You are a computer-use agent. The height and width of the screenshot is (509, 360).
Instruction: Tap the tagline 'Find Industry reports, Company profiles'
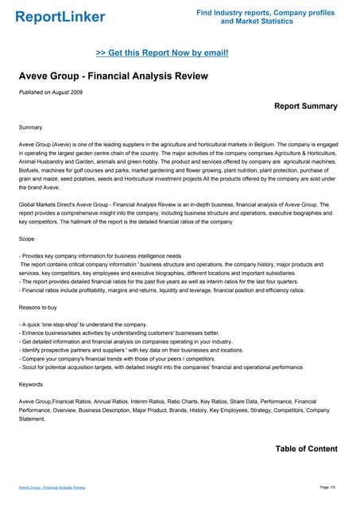pos(265,13)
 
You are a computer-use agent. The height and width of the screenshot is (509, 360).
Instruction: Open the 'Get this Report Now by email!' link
pos(162,52)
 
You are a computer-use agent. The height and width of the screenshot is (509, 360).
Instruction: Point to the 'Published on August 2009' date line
pos(52,93)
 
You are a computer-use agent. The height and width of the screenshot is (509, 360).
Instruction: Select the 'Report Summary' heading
pos(305,106)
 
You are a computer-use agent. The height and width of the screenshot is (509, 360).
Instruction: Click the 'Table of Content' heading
pos(306,449)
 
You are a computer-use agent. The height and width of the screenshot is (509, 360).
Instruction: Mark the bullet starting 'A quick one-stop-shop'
pos(83,324)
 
